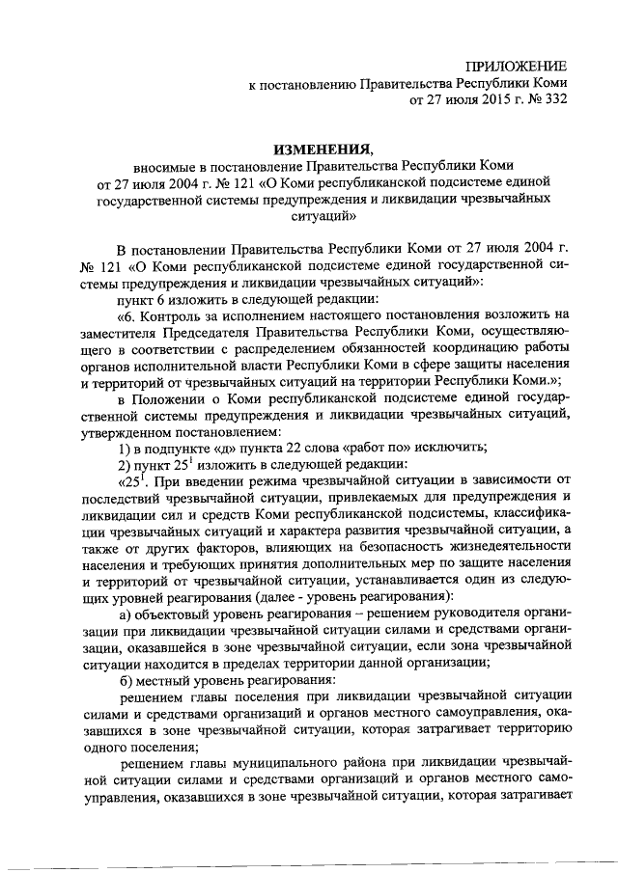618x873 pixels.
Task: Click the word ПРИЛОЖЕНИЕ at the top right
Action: [516, 66]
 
